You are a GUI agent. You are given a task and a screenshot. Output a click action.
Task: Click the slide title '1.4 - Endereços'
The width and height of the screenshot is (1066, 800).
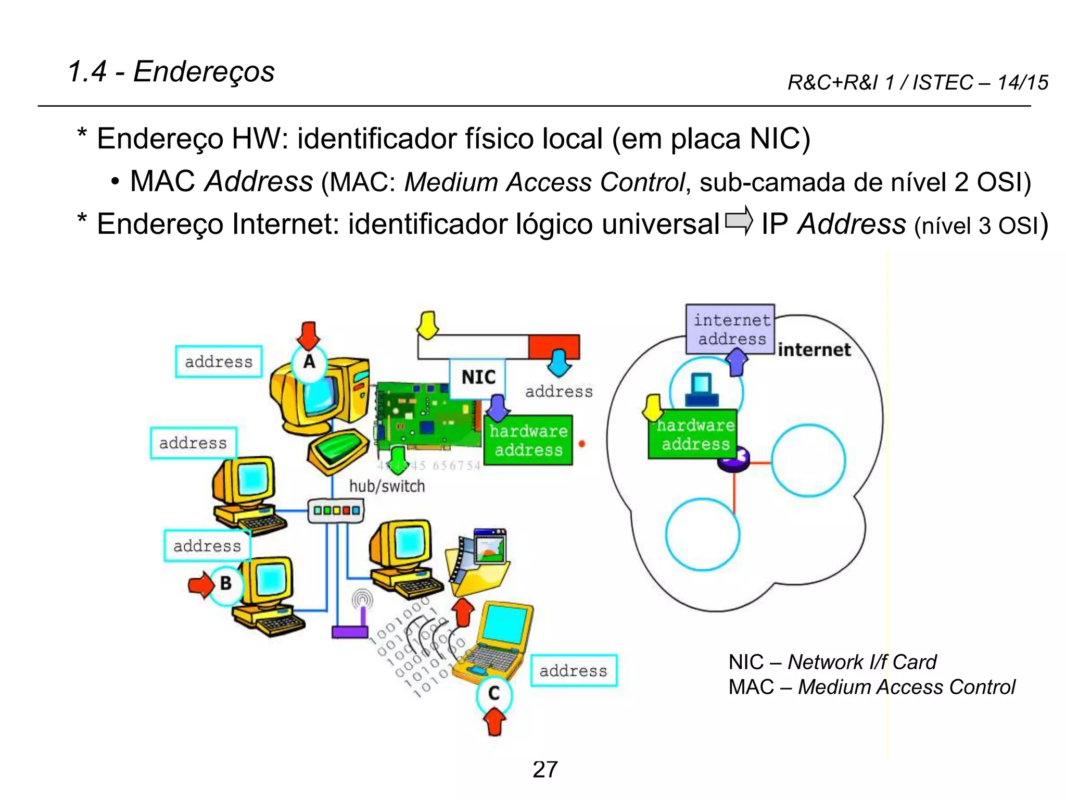[x=171, y=71]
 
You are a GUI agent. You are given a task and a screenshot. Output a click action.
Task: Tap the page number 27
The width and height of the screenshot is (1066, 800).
[x=545, y=769]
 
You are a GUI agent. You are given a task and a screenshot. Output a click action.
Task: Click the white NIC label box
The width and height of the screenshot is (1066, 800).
[x=477, y=377]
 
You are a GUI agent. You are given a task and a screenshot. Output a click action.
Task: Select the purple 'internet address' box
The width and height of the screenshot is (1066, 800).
[x=730, y=329]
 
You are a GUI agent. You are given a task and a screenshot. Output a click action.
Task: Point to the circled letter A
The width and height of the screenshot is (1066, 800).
[x=309, y=361]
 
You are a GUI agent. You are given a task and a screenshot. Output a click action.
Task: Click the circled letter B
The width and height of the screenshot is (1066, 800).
[x=226, y=583]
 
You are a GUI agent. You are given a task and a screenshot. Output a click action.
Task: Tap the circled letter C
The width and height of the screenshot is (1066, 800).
[x=494, y=693]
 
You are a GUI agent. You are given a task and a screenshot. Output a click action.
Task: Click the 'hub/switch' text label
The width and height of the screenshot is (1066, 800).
[x=387, y=486]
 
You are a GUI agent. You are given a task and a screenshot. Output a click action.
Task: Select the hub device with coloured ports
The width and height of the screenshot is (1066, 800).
[x=336, y=510]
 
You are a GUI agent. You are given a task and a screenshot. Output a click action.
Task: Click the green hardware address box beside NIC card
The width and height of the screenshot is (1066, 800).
[x=528, y=440]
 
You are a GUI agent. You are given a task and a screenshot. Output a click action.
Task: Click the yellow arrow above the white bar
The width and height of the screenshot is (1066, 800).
[x=428, y=325]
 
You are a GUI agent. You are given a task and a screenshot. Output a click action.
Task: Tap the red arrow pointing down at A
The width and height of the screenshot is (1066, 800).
[x=309, y=335]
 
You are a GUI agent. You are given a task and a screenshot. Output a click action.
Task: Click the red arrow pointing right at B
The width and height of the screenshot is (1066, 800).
[x=200, y=585]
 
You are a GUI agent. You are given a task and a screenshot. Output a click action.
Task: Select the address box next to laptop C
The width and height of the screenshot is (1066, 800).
[x=574, y=670]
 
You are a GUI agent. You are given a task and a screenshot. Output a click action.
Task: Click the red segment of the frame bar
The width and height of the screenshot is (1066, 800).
[x=554, y=346]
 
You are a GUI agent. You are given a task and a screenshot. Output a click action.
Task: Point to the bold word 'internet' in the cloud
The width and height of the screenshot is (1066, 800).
[x=814, y=349]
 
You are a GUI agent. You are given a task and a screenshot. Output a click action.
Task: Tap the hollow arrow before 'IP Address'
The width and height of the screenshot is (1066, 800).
[x=739, y=221]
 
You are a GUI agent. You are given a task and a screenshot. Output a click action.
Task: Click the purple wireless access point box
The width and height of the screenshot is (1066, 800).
[x=350, y=632]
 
